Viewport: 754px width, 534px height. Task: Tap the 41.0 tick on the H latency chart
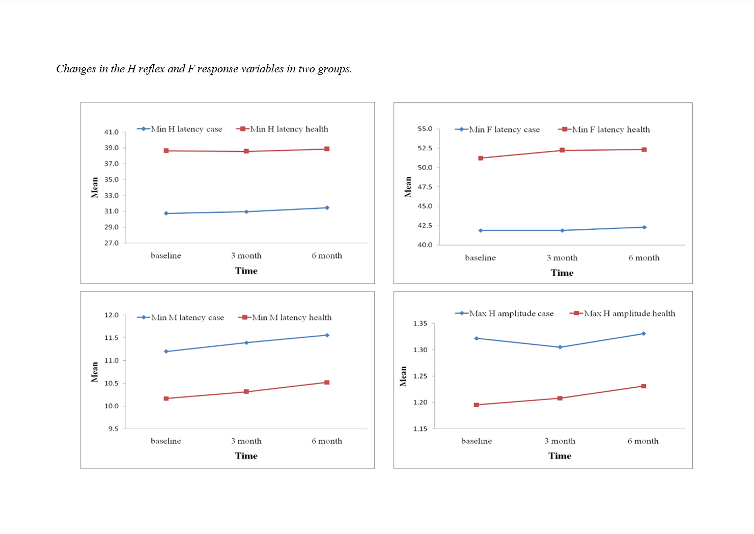click(111, 132)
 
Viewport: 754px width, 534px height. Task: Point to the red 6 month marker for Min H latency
click(327, 149)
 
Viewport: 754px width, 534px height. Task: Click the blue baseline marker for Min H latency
click(166, 213)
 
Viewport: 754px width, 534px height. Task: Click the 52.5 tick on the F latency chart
click(425, 148)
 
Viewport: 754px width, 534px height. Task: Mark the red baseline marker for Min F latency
click(481, 158)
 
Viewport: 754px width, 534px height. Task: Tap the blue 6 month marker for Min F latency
click(644, 227)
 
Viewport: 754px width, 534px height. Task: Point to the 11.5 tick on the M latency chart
click(111, 338)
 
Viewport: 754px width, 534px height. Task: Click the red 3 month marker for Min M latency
click(246, 392)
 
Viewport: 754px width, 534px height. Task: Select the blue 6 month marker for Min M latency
click(327, 335)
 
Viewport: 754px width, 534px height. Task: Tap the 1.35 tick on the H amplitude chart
click(421, 324)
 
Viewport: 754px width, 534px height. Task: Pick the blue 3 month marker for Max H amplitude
click(560, 348)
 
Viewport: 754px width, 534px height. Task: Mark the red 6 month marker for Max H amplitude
click(644, 386)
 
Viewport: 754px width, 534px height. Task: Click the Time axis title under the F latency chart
click(562, 273)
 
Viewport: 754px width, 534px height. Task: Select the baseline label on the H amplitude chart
click(477, 441)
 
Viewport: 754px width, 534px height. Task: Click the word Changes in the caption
click(76, 69)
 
